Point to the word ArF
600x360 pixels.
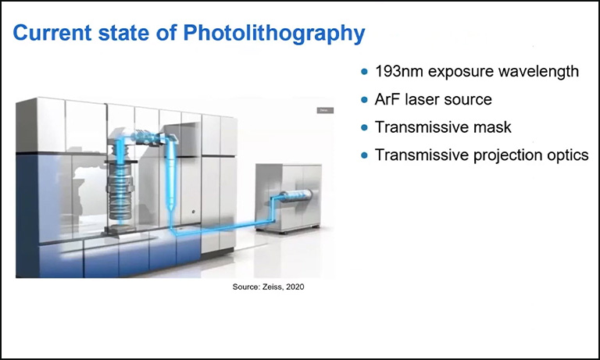[388, 100]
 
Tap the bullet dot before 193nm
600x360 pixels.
[365, 72]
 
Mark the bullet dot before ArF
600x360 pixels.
[365, 100]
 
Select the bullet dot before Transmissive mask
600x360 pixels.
[365, 127]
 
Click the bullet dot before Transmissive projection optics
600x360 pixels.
[365, 155]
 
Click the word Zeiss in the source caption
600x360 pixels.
[270, 288]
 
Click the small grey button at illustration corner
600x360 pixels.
[323, 111]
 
